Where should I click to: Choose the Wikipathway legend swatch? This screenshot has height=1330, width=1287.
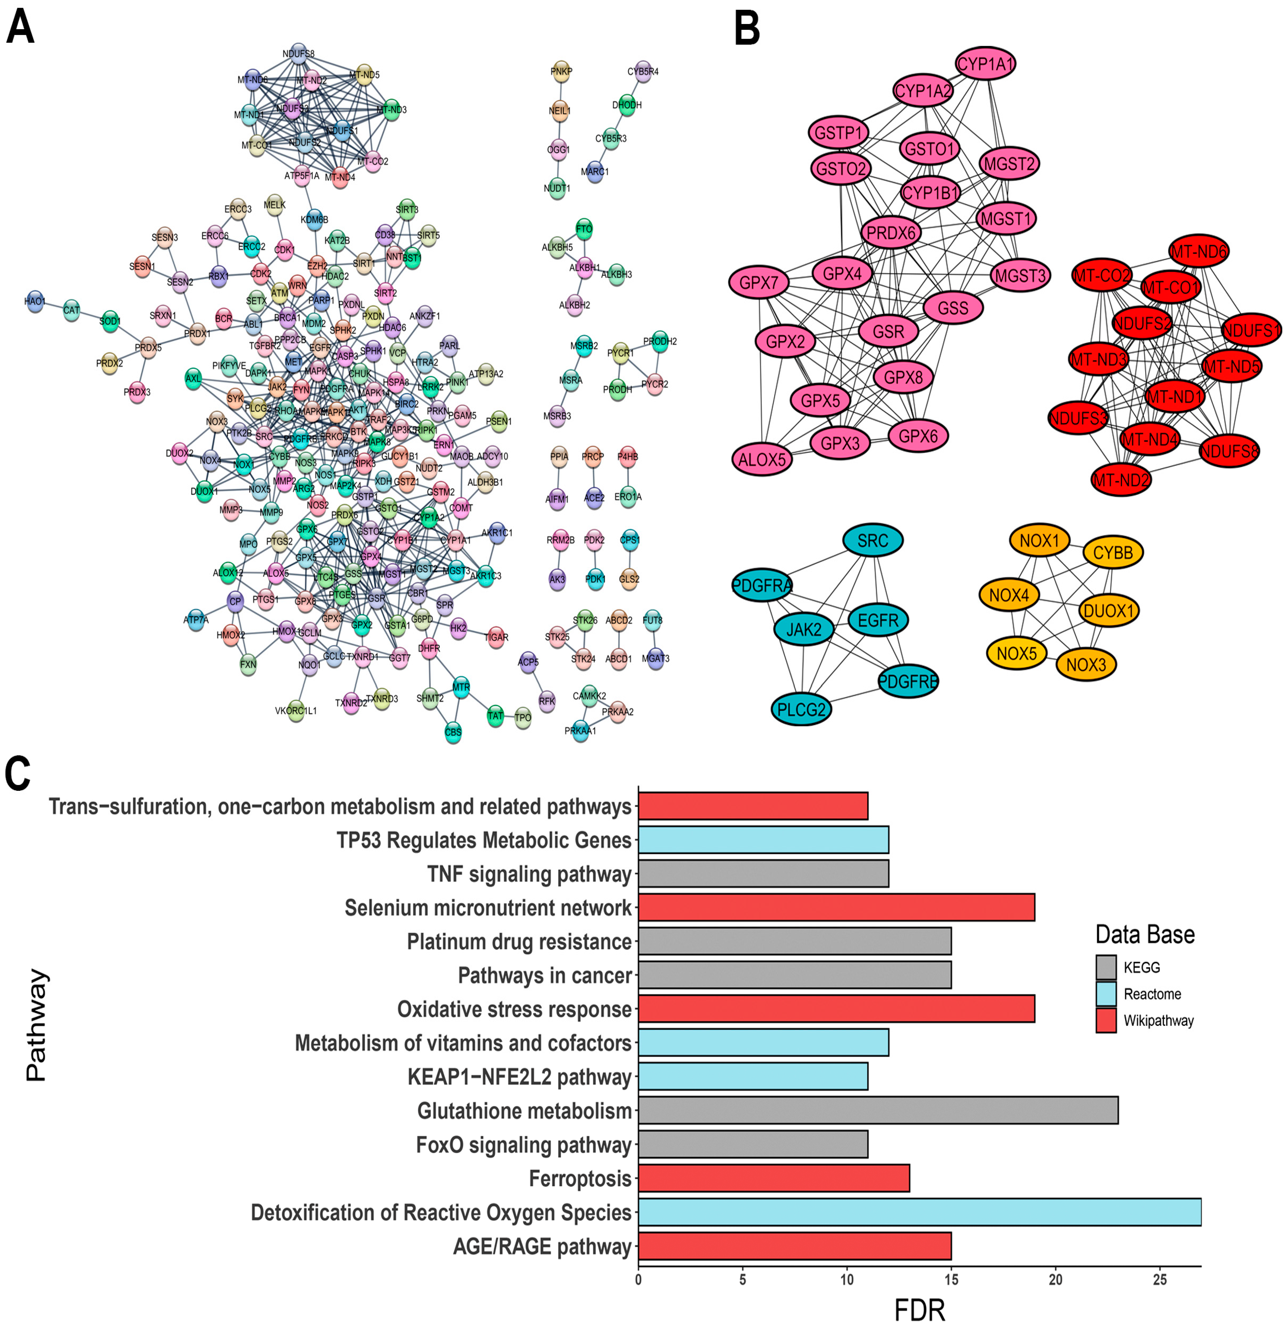point(1106,1021)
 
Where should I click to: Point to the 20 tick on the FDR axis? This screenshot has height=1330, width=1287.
point(1055,1280)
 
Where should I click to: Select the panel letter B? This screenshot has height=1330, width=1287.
point(747,29)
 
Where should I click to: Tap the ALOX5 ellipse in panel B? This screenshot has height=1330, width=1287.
point(762,459)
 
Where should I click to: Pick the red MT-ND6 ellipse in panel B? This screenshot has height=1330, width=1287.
point(1199,252)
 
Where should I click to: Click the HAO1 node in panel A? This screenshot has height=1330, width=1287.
point(35,301)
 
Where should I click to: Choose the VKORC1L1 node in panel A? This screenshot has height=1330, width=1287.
point(296,710)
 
